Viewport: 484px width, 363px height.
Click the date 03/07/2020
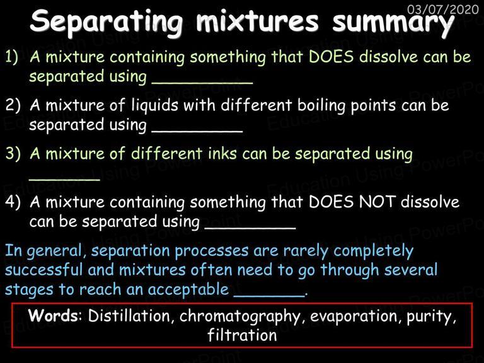(x=442, y=9)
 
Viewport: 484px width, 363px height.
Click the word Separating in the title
(x=107, y=22)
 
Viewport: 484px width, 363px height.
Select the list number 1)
(x=12, y=57)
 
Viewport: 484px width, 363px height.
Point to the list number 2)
(x=13, y=105)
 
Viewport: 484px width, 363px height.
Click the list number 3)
(x=13, y=153)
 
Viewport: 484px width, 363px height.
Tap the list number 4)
(x=13, y=202)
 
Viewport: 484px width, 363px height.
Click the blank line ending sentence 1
(x=202, y=83)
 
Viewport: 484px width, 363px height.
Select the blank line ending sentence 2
(x=197, y=132)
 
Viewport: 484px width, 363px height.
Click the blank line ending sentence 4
(x=250, y=228)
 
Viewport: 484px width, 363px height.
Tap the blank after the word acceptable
(x=269, y=296)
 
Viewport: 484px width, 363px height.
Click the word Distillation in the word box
(x=129, y=316)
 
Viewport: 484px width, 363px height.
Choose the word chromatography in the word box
(x=240, y=317)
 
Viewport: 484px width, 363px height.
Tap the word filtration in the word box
(x=242, y=335)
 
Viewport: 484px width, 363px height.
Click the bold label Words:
(x=55, y=316)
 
